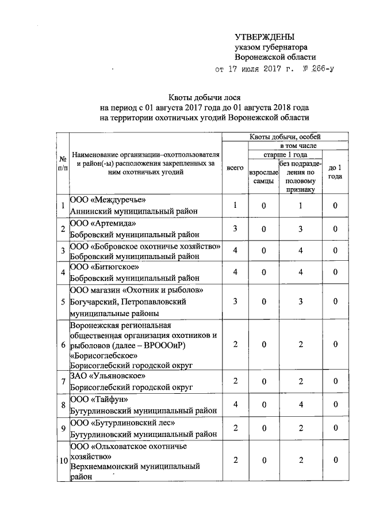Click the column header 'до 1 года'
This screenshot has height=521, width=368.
(x=335, y=172)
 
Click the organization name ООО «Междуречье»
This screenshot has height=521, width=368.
(x=103, y=200)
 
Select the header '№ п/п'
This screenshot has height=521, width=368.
(x=62, y=163)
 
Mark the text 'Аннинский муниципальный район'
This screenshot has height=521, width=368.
(x=133, y=211)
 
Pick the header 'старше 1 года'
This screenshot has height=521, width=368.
(x=285, y=155)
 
